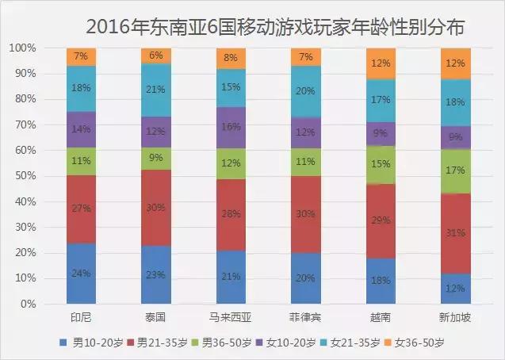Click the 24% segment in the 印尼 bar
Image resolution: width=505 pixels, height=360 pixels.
coord(81,274)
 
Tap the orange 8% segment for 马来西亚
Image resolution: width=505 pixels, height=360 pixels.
coord(231,58)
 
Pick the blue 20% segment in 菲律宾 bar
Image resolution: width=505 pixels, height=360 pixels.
coord(306,278)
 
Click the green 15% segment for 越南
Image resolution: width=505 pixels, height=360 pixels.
coord(381,165)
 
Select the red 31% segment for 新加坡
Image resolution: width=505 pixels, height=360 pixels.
coord(455,233)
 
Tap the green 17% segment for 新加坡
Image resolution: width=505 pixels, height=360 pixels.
coord(455,170)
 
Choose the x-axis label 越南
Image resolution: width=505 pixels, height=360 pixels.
coord(381,317)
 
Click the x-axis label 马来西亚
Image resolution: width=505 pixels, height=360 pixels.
coord(231,317)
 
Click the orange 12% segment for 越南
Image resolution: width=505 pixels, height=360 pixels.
coord(381,63)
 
